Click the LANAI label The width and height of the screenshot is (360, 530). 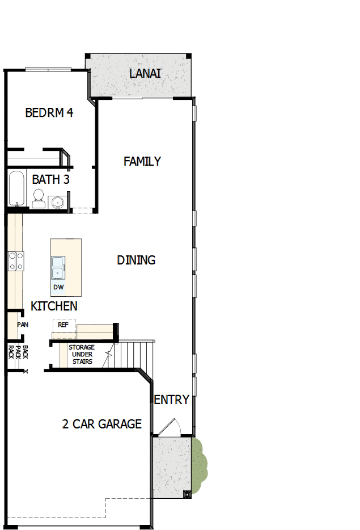(145, 74)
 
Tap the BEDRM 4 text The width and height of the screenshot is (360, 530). (49, 112)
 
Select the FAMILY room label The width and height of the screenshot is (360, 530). (142, 162)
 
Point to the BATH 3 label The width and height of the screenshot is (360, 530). (50, 180)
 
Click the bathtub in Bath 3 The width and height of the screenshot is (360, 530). (16, 189)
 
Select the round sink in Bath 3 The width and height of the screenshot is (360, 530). (56, 202)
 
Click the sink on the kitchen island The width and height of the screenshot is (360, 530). (58, 267)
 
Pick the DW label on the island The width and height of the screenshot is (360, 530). (58, 287)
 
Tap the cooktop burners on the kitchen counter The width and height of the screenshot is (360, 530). (15, 261)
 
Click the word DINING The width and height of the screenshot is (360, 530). (136, 260)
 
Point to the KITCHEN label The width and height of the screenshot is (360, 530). (54, 306)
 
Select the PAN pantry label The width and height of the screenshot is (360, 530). (23, 325)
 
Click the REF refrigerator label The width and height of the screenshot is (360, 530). (63, 325)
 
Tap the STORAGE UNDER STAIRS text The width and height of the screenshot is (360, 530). (82, 354)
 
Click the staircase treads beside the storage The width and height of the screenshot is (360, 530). (135, 354)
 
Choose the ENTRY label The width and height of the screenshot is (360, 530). (172, 400)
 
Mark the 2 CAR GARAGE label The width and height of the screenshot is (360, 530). (102, 424)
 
